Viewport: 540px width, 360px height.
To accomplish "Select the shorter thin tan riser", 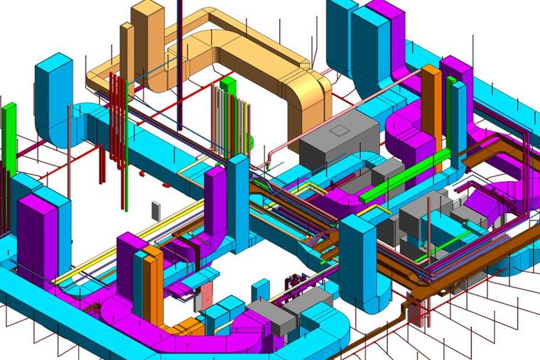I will click(126, 50).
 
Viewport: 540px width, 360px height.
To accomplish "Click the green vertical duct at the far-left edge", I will click(9, 135).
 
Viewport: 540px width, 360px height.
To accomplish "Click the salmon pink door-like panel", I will click(207, 296).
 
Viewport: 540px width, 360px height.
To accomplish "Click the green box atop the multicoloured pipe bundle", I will click(227, 86).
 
